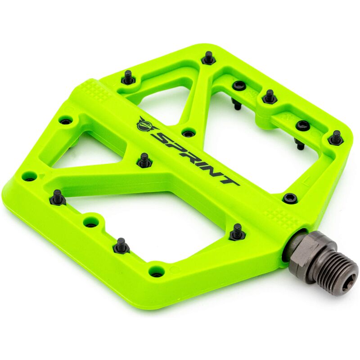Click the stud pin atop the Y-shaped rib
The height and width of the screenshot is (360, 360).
144,160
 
